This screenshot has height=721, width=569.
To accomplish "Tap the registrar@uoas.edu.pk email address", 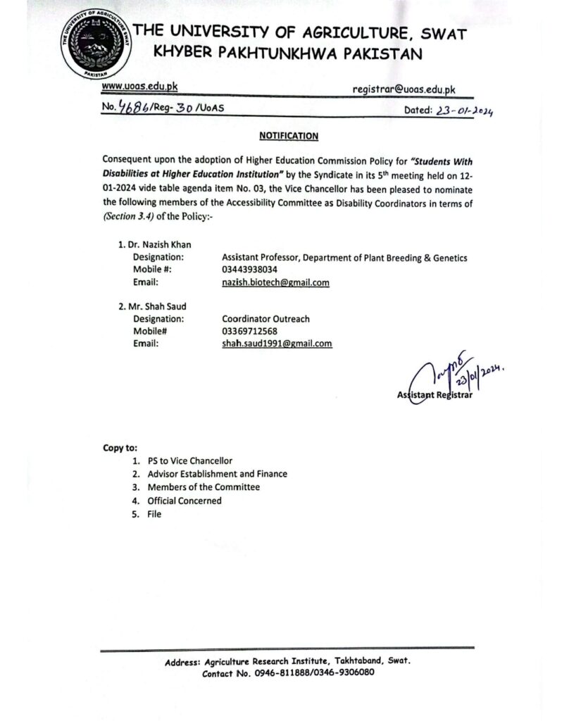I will tap(404, 89).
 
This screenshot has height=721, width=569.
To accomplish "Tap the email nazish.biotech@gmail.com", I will tap(275, 282).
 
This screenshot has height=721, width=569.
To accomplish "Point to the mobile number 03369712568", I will tap(249, 331).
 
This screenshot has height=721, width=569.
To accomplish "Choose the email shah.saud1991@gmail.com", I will tap(276, 344).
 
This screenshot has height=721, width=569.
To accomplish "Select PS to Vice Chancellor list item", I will tap(189, 460).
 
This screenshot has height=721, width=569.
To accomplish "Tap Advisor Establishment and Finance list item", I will tap(217, 474).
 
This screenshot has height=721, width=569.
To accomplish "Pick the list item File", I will tap(154, 514).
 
